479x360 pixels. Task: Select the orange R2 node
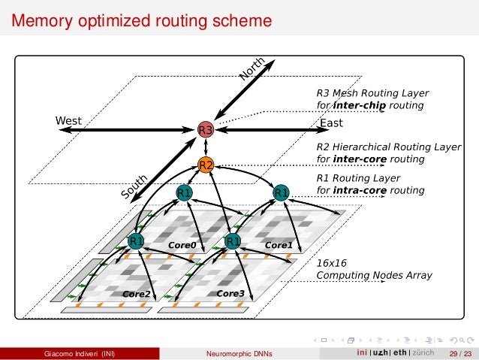[206, 165]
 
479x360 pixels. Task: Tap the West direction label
[68, 120]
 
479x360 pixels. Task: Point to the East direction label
[331, 123]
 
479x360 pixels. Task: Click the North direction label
[252, 68]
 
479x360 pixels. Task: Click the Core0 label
[182, 245]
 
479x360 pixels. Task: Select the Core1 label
[279, 245]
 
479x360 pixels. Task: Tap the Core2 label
[137, 293]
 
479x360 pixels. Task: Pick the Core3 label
[230, 293]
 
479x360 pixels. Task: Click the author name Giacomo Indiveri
[80, 353]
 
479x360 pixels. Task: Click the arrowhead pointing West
[63, 130]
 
